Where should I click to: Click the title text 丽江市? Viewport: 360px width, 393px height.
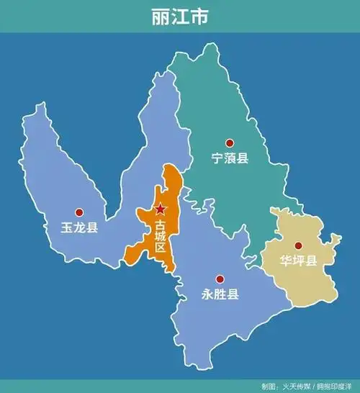pos(180,17)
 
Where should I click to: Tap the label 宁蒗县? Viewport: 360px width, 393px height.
pos(230,158)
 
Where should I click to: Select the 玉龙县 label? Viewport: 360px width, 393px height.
pos(80,227)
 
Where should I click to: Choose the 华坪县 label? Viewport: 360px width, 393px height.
pos(298,261)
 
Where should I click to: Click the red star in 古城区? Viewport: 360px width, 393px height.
pos(160,209)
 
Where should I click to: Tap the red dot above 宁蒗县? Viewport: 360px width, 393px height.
pos(230,143)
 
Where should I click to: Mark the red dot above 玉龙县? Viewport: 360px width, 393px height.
pos(80,212)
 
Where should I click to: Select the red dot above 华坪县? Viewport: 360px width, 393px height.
pos(298,245)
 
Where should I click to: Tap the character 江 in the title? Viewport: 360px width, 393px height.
pos(180,17)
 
